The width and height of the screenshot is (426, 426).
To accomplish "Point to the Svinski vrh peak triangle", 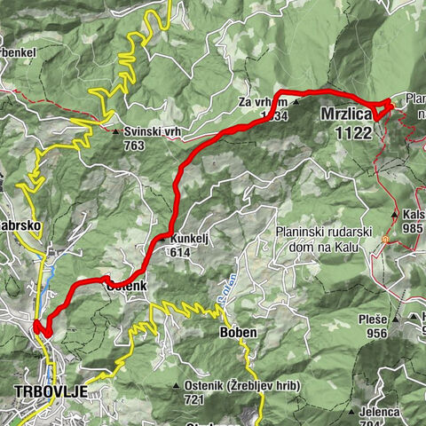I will [x=116, y=132].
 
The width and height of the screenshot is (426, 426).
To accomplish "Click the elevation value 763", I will [x=135, y=145].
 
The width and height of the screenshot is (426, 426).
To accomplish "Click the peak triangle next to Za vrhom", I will [x=296, y=101].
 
